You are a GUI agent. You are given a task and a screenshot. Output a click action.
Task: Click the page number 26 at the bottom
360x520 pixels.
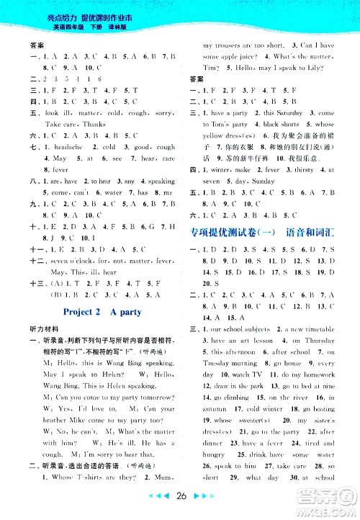[x=180, y=496]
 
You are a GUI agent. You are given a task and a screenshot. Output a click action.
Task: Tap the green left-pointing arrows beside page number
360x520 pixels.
[x=159, y=496]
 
